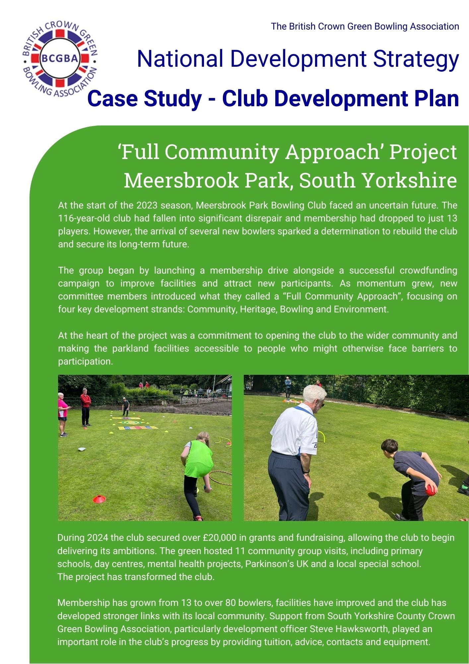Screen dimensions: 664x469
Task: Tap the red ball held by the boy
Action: point(431,490)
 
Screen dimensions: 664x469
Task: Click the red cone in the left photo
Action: point(99,499)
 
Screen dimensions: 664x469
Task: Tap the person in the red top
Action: point(85,407)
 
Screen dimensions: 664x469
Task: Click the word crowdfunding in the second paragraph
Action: point(428,270)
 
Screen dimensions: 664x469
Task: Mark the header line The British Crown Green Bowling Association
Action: point(365,27)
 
